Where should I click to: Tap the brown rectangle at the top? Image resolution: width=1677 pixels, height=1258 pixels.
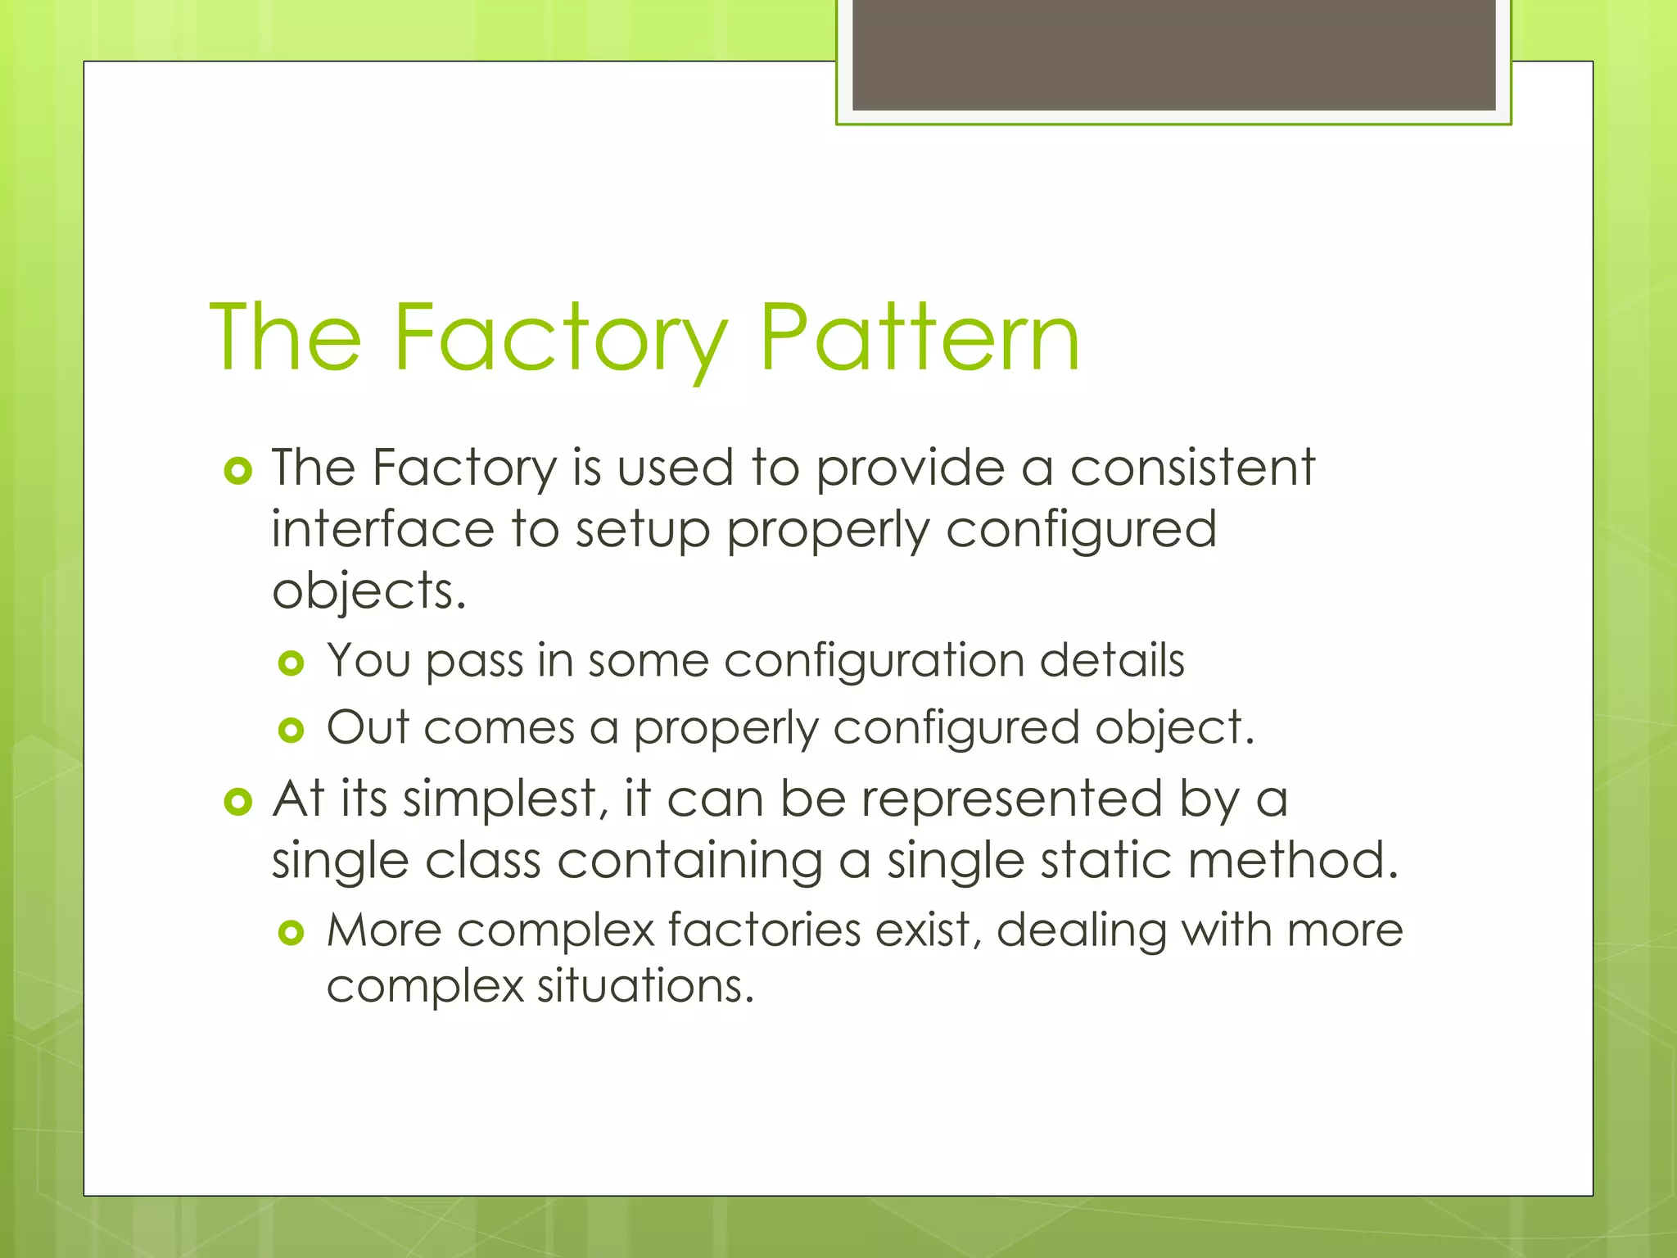pyautogui.click(x=1173, y=54)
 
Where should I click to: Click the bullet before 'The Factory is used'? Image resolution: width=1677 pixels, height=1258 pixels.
pyautogui.click(x=237, y=471)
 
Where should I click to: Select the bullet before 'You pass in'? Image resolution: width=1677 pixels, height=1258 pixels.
pyautogui.click(x=292, y=663)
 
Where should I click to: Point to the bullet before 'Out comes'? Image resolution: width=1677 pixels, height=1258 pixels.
pyautogui.click(x=292, y=730)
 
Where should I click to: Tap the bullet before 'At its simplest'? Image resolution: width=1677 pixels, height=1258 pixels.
pyautogui.click(x=237, y=802)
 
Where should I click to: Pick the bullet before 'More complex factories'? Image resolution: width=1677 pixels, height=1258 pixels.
pyautogui.click(x=292, y=932)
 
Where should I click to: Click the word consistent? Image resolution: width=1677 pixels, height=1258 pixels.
pyautogui.click(x=1192, y=468)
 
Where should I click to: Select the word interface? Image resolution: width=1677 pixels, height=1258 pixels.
pyautogui.click(x=383, y=529)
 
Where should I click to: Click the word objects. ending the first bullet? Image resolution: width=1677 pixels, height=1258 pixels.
pyautogui.click(x=368, y=591)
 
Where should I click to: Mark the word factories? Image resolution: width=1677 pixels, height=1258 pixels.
pyautogui.click(x=764, y=930)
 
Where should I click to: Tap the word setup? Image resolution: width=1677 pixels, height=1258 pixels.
pyautogui.click(x=643, y=531)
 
